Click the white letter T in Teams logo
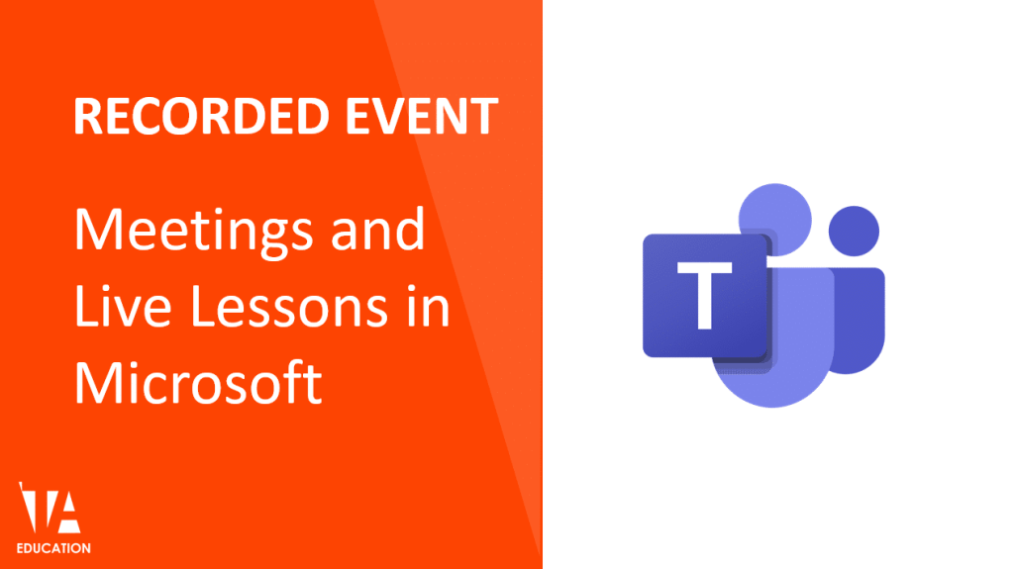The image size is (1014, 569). [705, 294]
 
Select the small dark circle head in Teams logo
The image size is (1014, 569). [853, 232]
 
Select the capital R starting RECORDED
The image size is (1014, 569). [87, 117]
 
